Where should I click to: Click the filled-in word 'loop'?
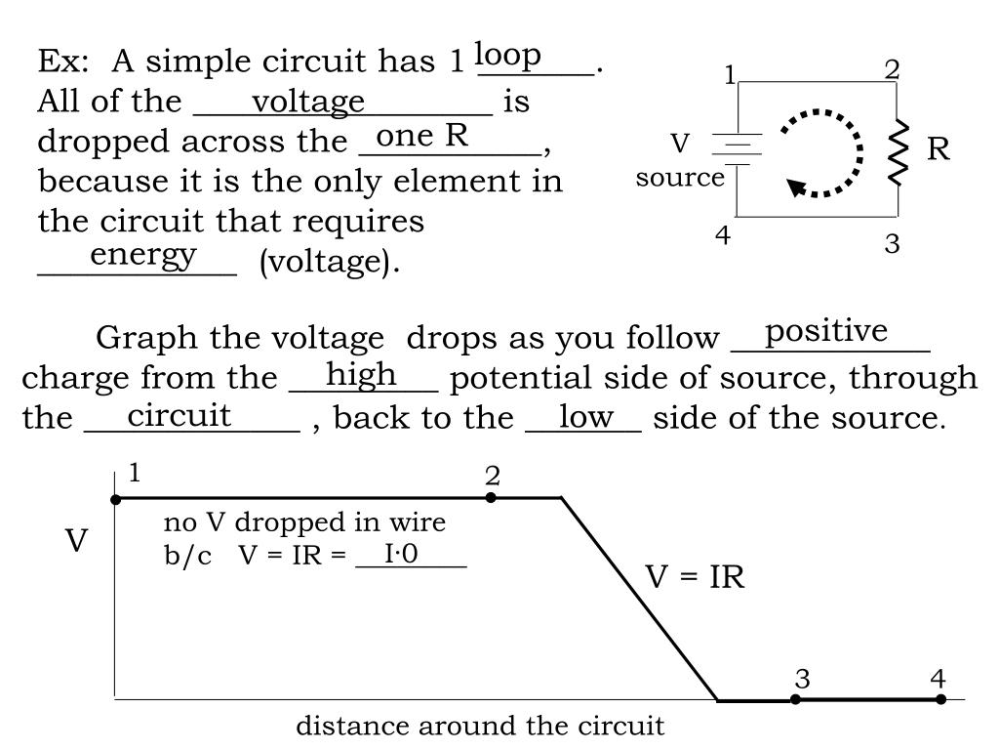(x=508, y=56)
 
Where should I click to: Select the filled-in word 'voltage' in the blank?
(x=308, y=101)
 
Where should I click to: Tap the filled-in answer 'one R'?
(x=422, y=136)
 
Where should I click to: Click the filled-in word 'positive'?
(x=826, y=331)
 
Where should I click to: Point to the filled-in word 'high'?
(x=361, y=373)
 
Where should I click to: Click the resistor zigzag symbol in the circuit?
(x=898, y=152)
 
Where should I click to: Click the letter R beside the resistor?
(x=938, y=149)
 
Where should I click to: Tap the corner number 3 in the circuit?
(x=892, y=243)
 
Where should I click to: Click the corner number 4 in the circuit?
(x=723, y=235)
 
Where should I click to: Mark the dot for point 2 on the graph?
(x=491, y=498)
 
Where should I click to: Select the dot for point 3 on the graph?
(x=796, y=699)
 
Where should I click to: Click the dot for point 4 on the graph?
(x=940, y=699)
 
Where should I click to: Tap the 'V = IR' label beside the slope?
(x=695, y=577)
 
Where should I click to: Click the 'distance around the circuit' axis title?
(x=480, y=727)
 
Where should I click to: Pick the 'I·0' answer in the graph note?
(x=401, y=554)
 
